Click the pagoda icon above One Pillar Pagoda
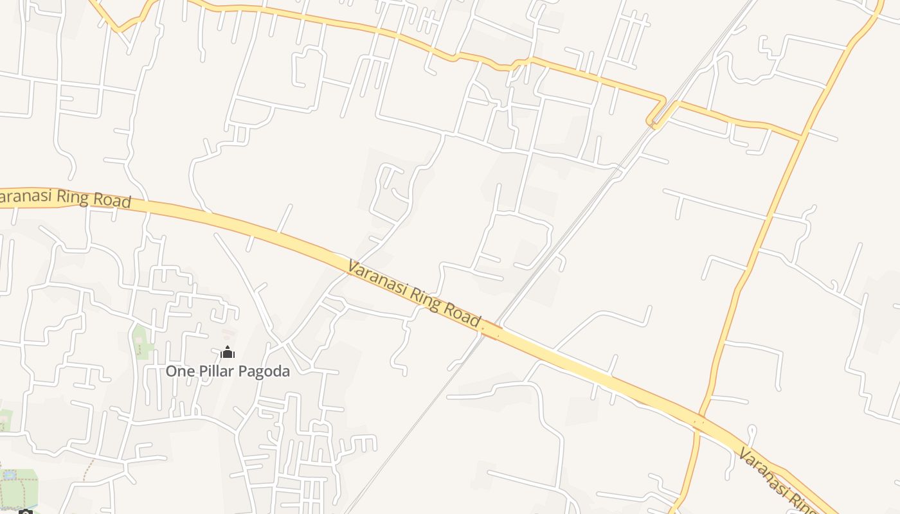pyautogui.click(x=228, y=352)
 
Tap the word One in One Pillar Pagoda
pyautogui.click(x=179, y=371)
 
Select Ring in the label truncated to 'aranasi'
pyautogui.click(x=74, y=197)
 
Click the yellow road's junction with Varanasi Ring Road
pyautogui.click(x=699, y=421)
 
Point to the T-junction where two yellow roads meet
pyautogui.click(x=802, y=136)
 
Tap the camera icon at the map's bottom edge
pyautogui.click(x=25, y=512)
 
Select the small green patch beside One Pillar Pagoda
pyautogui.click(x=141, y=341)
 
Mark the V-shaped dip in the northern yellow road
pyautogui.click(x=119, y=29)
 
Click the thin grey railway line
pyautogui.click(x=411, y=424)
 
